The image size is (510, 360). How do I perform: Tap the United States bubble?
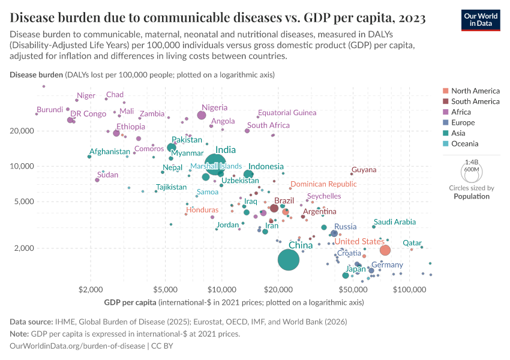tap(385, 250)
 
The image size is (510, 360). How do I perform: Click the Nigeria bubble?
tap(202, 115)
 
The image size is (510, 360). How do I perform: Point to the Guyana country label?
tap(364, 170)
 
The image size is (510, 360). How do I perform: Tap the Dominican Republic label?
tap(323, 185)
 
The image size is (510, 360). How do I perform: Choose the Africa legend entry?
tap(461, 112)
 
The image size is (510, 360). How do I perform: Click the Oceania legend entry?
tap(464, 143)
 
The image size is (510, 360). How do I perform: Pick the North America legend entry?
tap(475, 91)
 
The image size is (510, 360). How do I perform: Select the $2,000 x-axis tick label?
tap(91, 290)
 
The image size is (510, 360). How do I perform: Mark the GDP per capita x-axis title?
tap(234, 302)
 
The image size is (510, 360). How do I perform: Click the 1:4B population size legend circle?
tap(471, 172)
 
